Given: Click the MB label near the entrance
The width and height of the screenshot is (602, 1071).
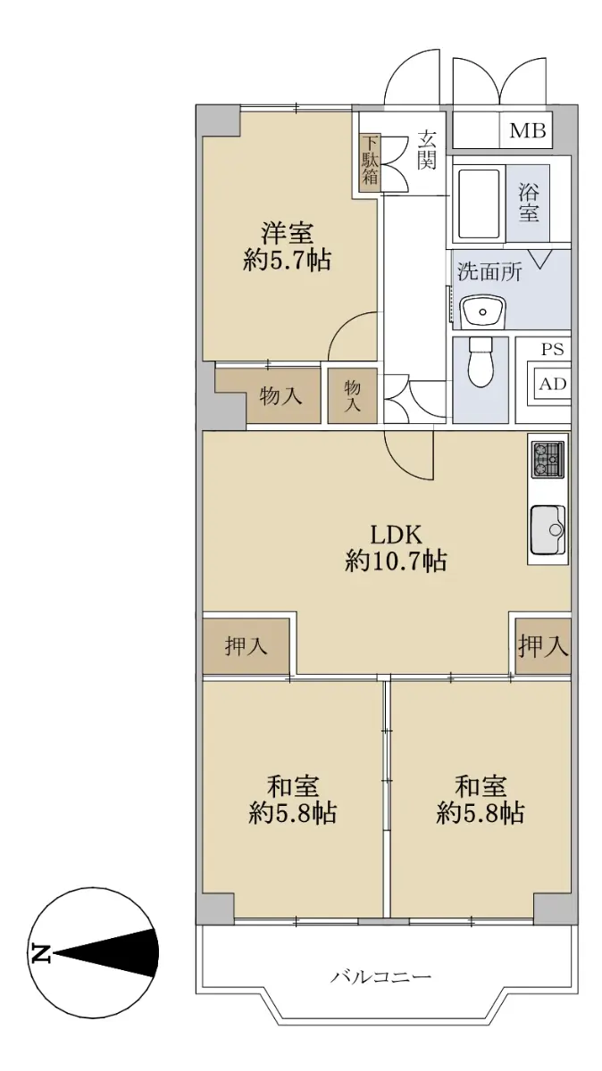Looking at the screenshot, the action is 528,130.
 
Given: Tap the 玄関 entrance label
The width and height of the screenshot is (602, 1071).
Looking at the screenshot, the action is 426,150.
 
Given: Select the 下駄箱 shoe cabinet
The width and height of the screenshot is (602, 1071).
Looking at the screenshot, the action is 371,163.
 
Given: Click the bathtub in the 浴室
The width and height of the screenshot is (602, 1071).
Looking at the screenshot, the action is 480,203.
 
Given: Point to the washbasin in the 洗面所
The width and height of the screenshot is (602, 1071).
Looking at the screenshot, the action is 483,311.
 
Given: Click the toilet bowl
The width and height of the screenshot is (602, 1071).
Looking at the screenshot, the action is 481,361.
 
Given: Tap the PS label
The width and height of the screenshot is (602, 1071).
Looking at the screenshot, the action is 553,350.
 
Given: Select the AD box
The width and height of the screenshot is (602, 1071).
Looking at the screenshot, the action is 553,384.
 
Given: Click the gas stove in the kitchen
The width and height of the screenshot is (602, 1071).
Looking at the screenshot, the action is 548,460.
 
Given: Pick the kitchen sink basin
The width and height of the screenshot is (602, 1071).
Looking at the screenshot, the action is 548,530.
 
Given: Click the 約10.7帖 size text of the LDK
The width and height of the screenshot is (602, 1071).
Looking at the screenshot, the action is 397,560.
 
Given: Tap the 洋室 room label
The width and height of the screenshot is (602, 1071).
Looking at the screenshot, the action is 287,234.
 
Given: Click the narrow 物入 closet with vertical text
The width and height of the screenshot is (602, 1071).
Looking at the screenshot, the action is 353,395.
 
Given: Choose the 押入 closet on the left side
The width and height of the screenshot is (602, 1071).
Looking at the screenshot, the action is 246,646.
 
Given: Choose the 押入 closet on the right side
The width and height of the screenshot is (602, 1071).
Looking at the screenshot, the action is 543,646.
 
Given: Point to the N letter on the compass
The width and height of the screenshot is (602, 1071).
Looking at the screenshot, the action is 41,953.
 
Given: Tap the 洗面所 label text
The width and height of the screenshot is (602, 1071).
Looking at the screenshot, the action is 489,272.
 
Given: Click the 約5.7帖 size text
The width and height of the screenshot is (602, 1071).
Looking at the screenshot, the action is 287,261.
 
